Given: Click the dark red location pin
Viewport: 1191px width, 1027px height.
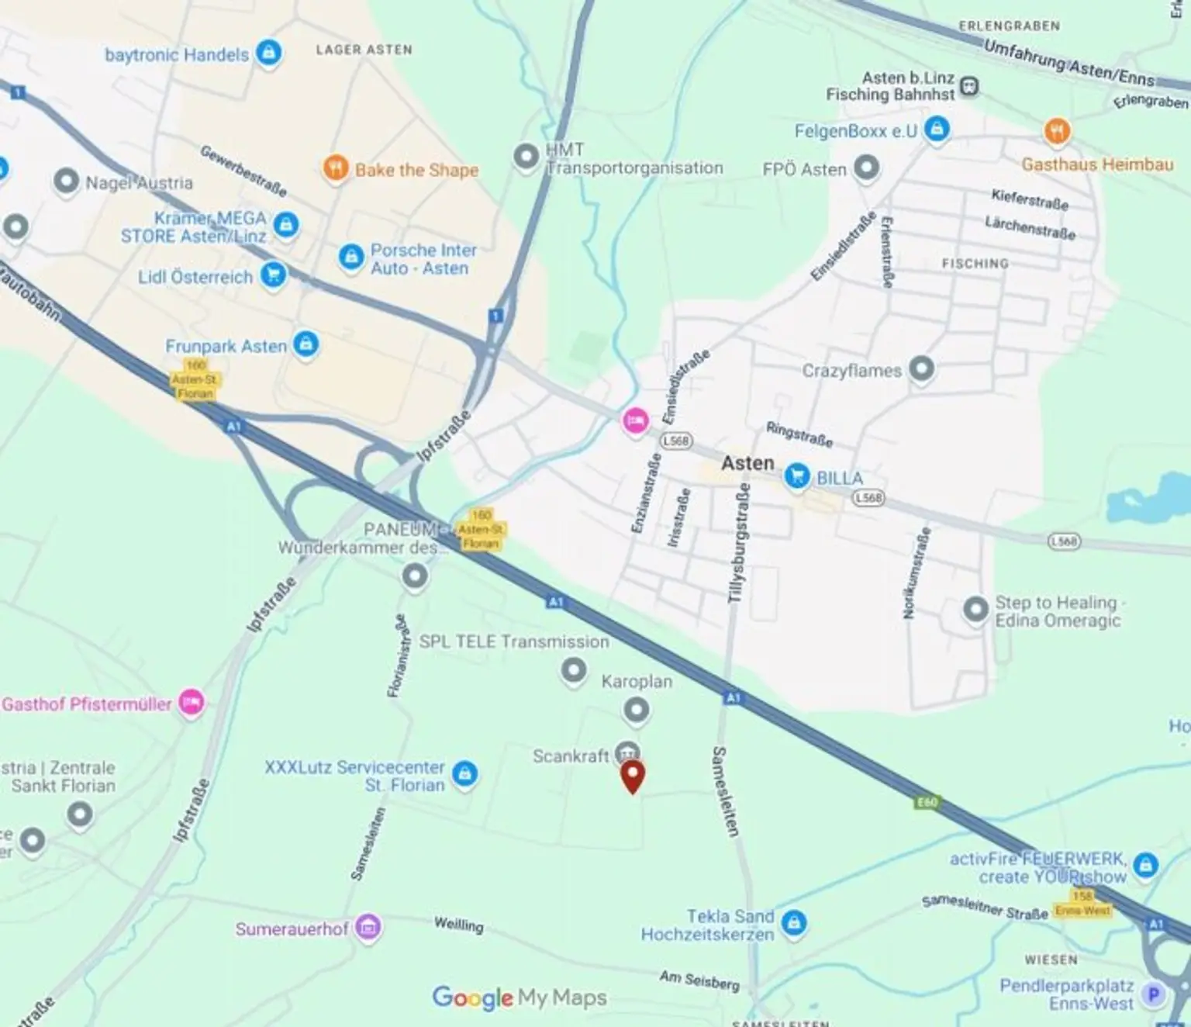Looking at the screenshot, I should click(x=633, y=776).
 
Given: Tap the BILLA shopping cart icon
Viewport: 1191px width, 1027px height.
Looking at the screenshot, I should click(x=796, y=476).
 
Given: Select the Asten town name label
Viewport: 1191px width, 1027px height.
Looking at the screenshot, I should click(x=747, y=463).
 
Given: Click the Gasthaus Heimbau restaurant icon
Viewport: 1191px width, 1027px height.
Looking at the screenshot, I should click(x=1057, y=131).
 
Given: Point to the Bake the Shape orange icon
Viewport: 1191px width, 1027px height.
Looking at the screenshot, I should click(x=335, y=168).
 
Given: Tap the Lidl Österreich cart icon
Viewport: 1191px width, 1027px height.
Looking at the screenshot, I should click(x=273, y=275).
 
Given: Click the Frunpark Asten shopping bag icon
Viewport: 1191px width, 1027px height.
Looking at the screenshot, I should click(x=306, y=343).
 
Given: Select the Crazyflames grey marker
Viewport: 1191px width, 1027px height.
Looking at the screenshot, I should click(x=921, y=368).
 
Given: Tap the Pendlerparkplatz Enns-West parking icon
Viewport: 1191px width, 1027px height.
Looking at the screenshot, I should click(x=1154, y=994).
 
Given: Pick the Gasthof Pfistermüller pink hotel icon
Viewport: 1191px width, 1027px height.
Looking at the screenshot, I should click(x=192, y=702).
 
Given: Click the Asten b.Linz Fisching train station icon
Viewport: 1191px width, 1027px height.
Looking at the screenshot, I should click(x=969, y=86).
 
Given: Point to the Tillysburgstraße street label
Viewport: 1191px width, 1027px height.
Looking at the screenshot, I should click(x=739, y=542).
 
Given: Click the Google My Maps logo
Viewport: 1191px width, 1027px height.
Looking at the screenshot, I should click(x=520, y=998).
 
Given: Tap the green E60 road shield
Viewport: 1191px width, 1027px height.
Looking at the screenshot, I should click(x=927, y=802).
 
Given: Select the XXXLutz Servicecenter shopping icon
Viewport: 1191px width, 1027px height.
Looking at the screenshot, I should click(x=464, y=773).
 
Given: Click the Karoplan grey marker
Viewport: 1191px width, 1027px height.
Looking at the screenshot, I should click(x=637, y=709).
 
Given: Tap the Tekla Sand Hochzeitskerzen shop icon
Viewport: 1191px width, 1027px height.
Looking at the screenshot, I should click(x=793, y=923).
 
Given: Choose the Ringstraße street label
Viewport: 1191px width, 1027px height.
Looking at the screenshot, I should click(x=799, y=434).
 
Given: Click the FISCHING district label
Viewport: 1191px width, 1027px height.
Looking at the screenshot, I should click(x=975, y=264).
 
